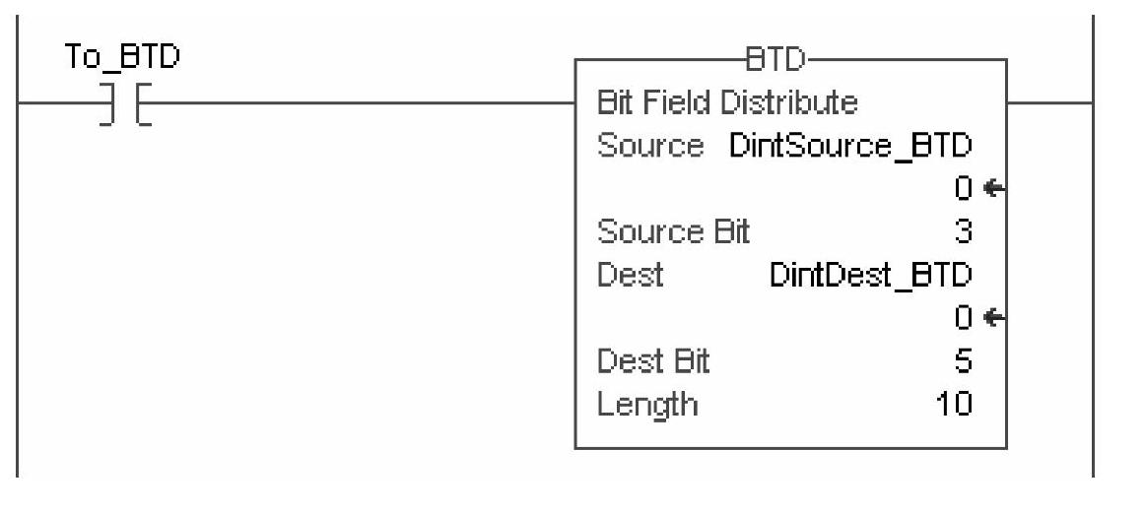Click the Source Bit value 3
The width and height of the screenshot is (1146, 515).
(x=965, y=231)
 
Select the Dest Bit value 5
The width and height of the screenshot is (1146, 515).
(x=965, y=361)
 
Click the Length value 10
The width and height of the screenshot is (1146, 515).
(x=954, y=404)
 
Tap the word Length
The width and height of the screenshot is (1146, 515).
(x=647, y=404)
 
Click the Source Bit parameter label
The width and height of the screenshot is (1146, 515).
(x=674, y=231)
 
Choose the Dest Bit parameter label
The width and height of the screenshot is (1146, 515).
(x=653, y=361)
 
